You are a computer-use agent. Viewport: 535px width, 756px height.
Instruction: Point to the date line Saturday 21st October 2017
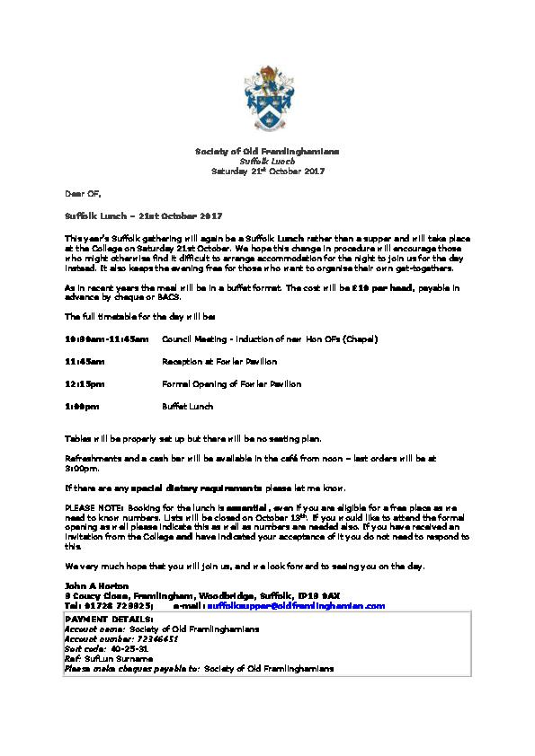(267, 171)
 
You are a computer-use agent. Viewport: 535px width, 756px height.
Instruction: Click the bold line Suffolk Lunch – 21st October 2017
(144, 216)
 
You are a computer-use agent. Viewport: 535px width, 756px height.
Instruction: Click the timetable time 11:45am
(85, 362)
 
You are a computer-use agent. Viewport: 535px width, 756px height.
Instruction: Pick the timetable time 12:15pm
(85, 384)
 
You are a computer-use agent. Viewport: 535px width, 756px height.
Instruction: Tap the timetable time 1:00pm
(82, 407)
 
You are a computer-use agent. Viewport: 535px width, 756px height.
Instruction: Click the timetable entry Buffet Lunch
(188, 407)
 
